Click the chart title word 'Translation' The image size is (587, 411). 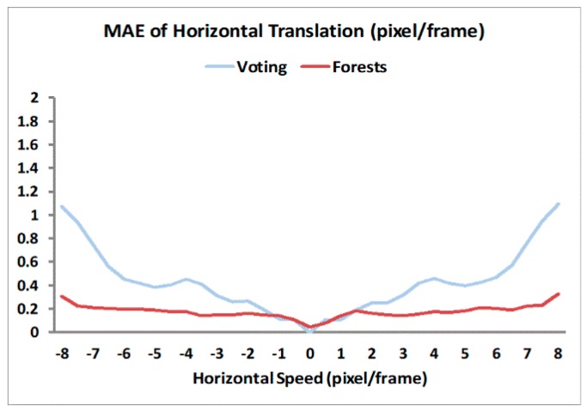[x=316, y=31]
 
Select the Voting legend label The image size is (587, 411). [x=262, y=67]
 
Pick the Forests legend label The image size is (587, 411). [x=360, y=67]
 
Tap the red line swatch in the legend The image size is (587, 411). [x=315, y=67]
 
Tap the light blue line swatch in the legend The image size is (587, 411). [x=220, y=67]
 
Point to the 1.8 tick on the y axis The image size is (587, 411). [x=28, y=121]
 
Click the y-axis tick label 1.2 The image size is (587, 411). [x=28, y=192]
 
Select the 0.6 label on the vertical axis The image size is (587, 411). [x=28, y=262]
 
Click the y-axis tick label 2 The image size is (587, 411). [x=35, y=98]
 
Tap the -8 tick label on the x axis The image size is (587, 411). [x=62, y=353]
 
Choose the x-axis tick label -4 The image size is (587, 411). [x=186, y=353]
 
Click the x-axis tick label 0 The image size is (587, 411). [x=310, y=353]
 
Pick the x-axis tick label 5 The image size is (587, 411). [x=465, y=353]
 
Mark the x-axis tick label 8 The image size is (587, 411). [x=558, y=353]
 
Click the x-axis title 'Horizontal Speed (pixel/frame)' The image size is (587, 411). [x=310, y=378]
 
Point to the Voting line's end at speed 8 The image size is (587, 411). [x=558, y=204]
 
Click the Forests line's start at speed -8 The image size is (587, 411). [x=62, y=297]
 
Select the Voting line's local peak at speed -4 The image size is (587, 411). [x=186, y=279]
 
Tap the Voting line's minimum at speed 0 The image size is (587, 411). [x=310, y=331]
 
